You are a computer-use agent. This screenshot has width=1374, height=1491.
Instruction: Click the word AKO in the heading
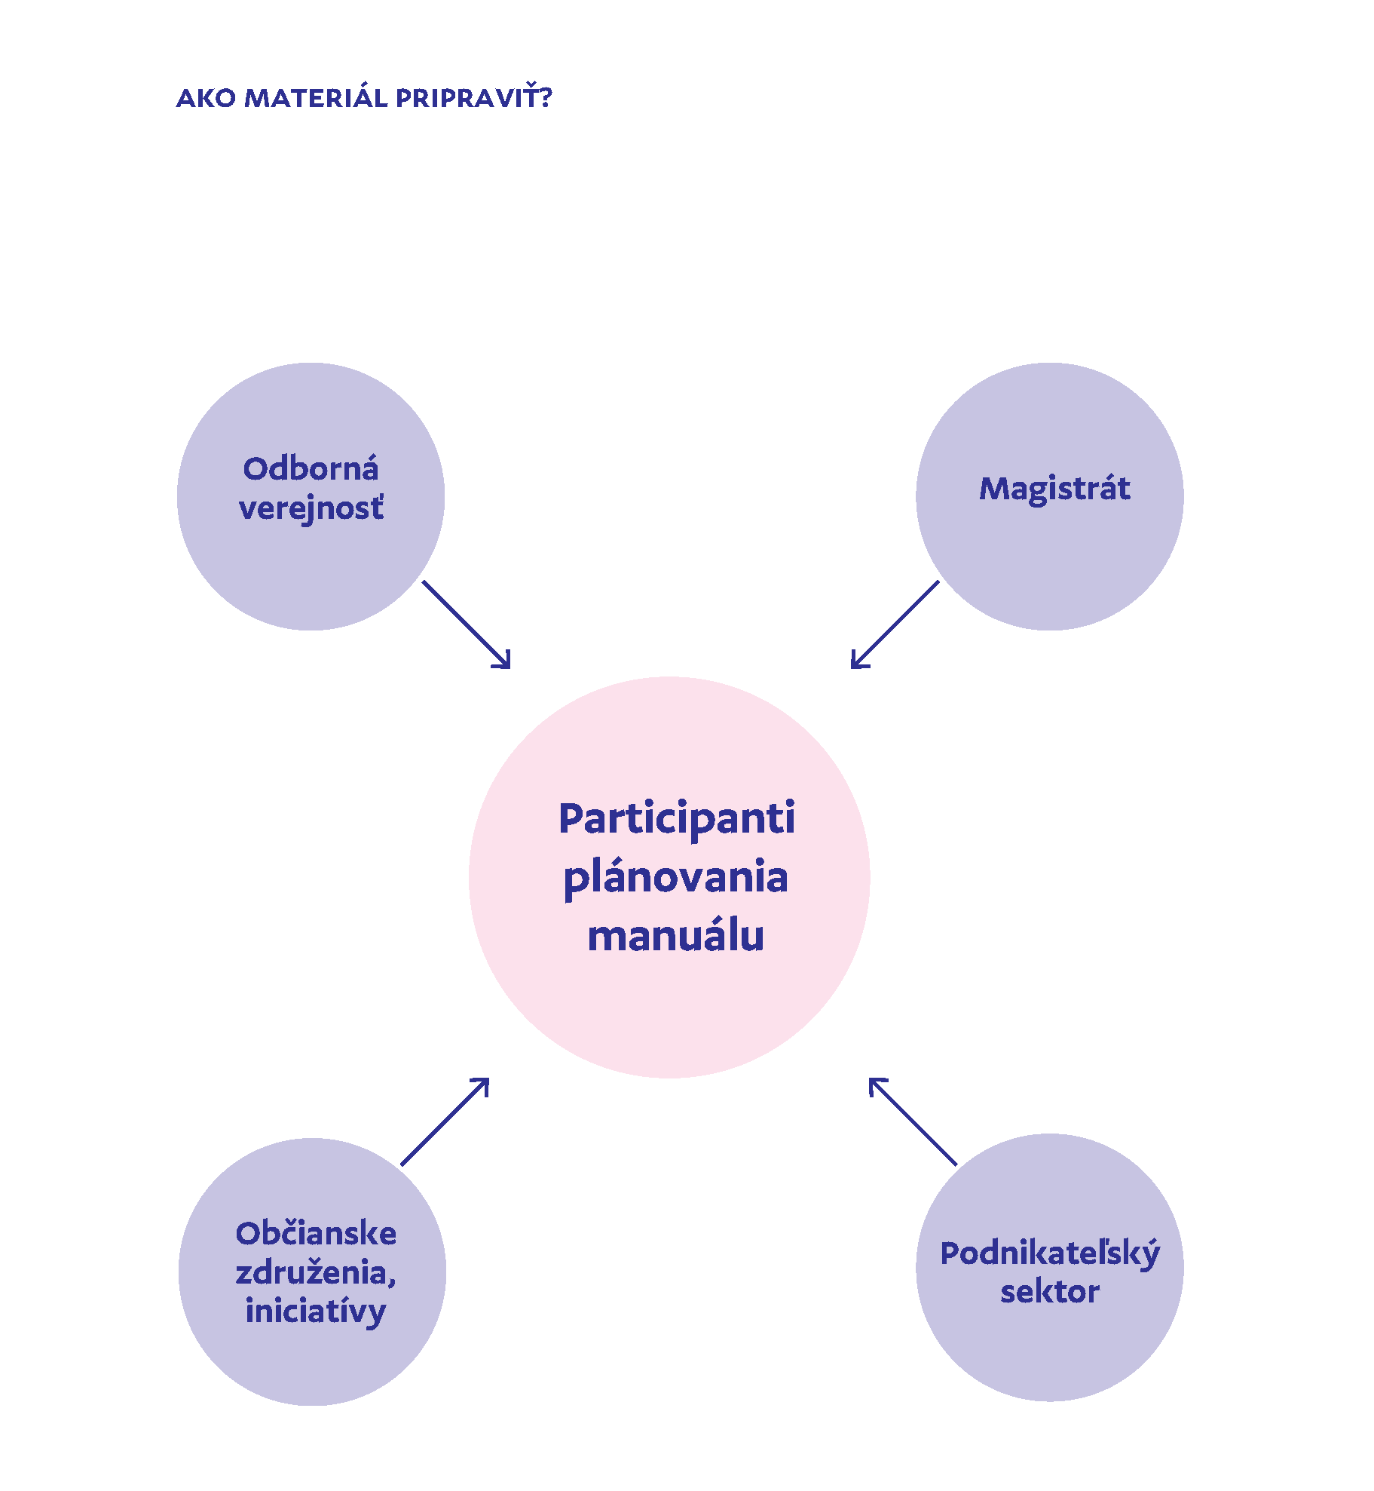(206, 99)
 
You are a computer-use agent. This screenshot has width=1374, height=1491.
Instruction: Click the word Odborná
(311, 469)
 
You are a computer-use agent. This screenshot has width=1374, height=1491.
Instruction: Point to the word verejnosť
(311, 508)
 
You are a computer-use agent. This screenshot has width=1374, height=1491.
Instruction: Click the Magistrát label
(1054, 489)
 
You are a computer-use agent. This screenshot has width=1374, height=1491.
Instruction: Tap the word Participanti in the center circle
(676, 820)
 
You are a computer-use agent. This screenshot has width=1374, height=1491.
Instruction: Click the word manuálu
(675, 936)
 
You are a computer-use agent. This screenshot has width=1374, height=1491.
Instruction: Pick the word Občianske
(316, 1234)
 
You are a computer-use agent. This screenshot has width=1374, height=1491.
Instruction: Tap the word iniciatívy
(315, 1312)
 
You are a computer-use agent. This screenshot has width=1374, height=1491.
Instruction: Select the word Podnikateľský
(1050, 1254)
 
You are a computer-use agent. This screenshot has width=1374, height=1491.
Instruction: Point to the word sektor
(1049, 1292)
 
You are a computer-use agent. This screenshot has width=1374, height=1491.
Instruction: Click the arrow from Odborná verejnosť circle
(467, 624)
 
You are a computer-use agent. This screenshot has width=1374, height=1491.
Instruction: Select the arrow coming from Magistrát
(895, 624)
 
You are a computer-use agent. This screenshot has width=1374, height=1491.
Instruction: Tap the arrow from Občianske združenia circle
(445, 1121)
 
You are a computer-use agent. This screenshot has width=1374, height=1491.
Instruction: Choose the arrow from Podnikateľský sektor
(913, 1121)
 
